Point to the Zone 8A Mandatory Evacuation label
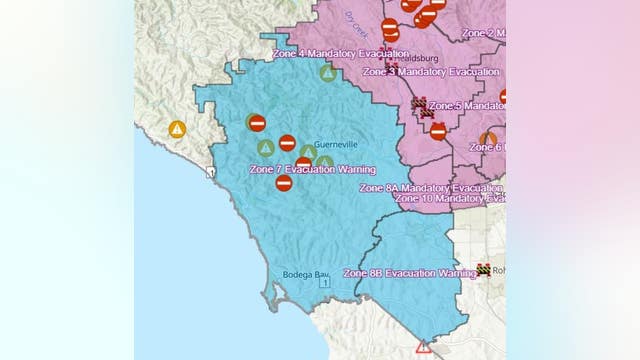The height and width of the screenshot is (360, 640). pyautogui.click(x=430, y=188)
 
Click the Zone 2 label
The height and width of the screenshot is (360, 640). pyautogui.click(x=483, y=33)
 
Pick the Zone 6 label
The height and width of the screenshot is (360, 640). pyautogui.click(x=487, y=147)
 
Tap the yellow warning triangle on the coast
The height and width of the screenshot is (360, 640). pyautogui.click(x=177, y=129)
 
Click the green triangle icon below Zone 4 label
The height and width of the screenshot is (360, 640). pyautogui.click(x=327, y=72)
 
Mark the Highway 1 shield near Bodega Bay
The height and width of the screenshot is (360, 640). pyautogui.click(x=324, y=283)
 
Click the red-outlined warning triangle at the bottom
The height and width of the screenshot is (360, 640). pyautogui.click(x=424, y=347)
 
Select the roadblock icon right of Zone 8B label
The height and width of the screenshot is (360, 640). pyautogui.click(x=485, y=270)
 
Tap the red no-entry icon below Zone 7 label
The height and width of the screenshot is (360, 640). pyautogui.click(x=284, y=183)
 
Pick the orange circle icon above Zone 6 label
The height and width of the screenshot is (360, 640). pyautogui.click(x=488, y=139)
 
